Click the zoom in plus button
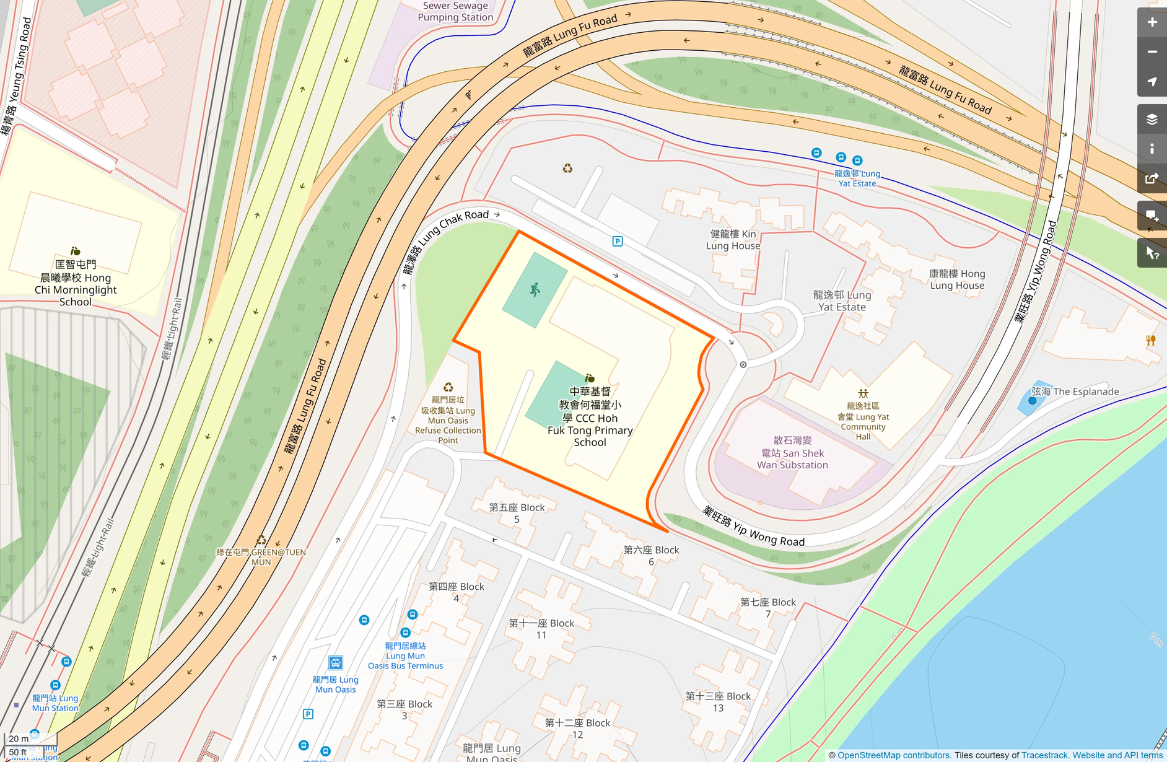1152,22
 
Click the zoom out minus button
1152,52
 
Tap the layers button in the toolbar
1152,119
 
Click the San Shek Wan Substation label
792,453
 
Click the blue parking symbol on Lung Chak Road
618,242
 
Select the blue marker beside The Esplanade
1032,401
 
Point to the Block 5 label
517,513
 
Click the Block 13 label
718,702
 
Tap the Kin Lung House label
733,240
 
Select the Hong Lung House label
957,279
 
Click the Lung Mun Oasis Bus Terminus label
405,656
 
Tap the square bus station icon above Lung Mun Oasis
336,663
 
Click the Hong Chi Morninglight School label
76,283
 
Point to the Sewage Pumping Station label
455,11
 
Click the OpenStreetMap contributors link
894,755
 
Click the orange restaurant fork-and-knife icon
1151,340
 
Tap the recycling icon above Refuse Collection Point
448,387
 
